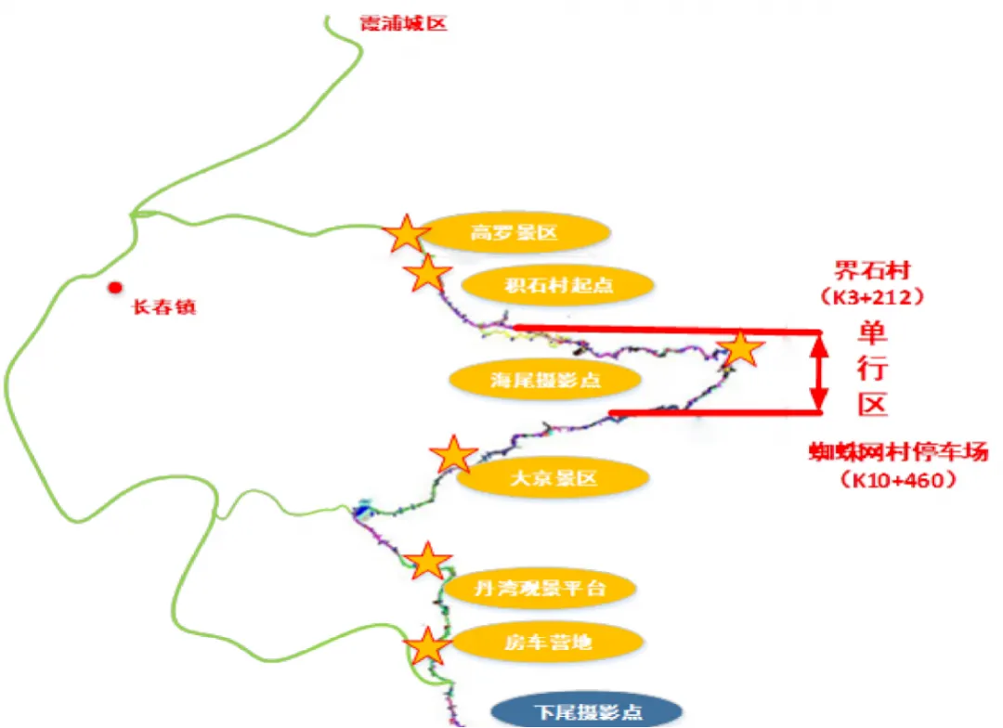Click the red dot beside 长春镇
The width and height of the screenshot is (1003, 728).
pyautogui.click(x=114, y=288)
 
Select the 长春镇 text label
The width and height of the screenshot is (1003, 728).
pyautogui.click(x=164, y=307)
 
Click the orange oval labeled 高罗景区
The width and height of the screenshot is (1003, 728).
pyautogui.click(x=514, y=233)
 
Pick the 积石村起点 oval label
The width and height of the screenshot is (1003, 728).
pyautogui.click(x=559, y=284)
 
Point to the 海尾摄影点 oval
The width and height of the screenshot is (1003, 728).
pyautogui.click(x=545, y=379)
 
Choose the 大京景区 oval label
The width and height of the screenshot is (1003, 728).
pyautogui.click(x=553, y=479)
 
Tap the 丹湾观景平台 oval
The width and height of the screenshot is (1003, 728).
pyautogui.click(x=540, y=588)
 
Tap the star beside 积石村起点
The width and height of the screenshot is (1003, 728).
pyautogui.click(x=428, y=274)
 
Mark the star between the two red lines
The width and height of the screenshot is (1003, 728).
pyautogui.click(x=740, y=349)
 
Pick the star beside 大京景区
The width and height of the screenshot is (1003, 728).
pyautogui.click(x=453, y=455)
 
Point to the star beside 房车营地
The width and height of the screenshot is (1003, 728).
pyautogui.click(x=427, y=646)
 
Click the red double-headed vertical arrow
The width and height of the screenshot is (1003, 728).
pyautogui.click(x=818, y=371)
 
